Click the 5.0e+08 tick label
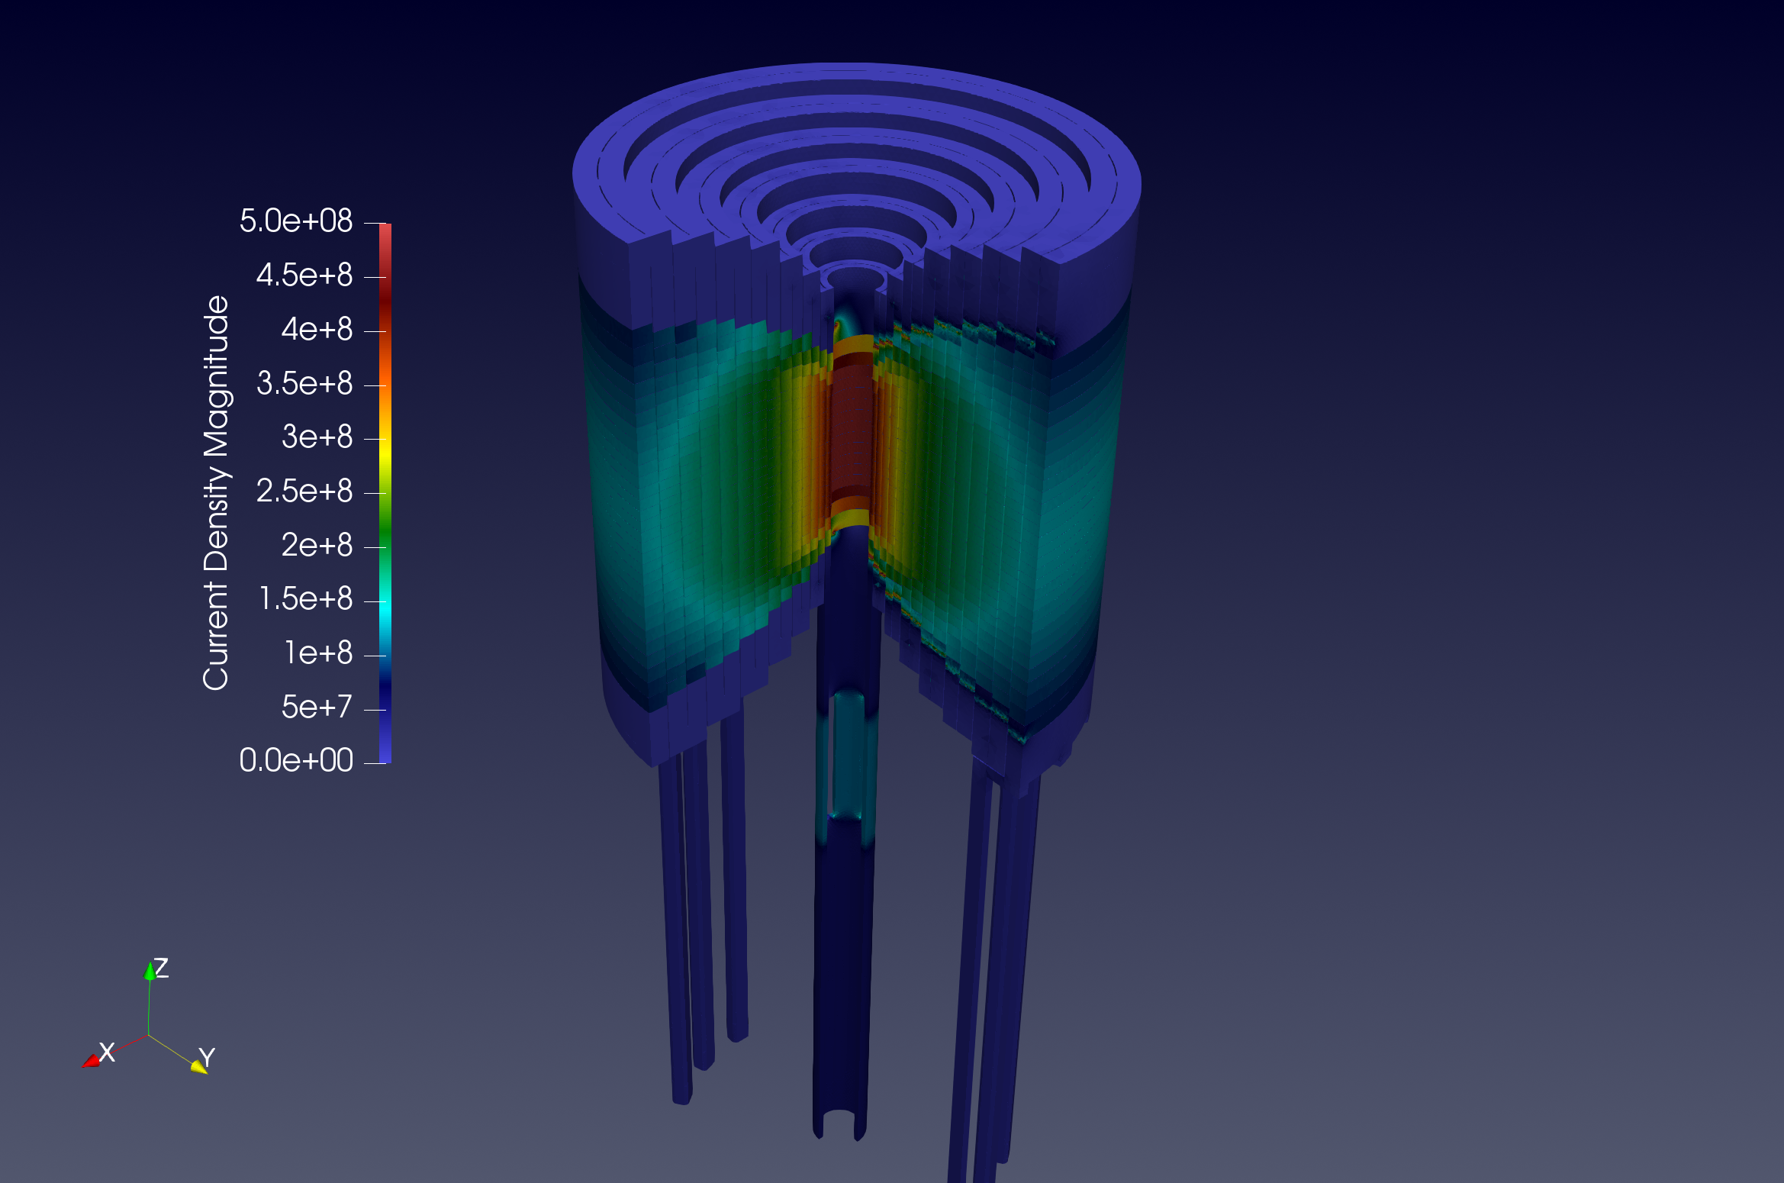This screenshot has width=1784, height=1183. (296, 221)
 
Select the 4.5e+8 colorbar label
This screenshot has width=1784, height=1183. (304, 276)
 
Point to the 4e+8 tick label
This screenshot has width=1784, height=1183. (317, 330)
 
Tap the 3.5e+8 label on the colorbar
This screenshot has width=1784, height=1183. (304, 384)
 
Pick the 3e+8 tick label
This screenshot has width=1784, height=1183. (317, 437)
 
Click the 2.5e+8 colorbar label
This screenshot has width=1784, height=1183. (304, 492)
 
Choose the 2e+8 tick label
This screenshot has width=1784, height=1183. (317, 546)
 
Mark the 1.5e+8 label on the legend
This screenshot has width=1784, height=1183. (305, 599)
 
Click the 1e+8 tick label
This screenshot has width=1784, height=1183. (318, 653)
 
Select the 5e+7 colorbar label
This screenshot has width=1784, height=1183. (317, 708)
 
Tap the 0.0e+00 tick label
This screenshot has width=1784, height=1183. (296, 761)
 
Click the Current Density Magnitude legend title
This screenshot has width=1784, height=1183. (216, 492)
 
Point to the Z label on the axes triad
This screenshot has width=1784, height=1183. (161, 968)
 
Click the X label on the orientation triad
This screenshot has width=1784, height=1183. (107, 1052)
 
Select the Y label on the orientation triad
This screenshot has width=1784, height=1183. (207, 1057)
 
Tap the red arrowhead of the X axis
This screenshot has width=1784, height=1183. (90, 1061)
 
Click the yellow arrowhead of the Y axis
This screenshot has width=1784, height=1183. (199, 1066)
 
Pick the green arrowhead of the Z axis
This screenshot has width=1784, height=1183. (150, 971)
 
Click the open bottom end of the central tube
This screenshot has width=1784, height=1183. (839, 1122)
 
